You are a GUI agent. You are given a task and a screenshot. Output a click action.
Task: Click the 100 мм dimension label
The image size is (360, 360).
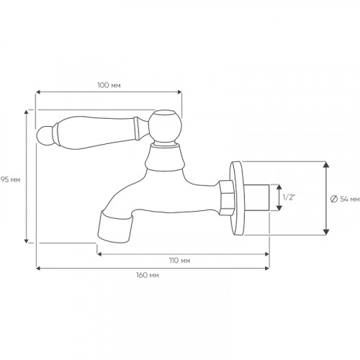click(109, 85)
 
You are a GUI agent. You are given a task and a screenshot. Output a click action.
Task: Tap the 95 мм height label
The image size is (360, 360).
click(10, 179)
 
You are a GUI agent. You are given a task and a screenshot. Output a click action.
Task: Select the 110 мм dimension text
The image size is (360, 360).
click(180, 261)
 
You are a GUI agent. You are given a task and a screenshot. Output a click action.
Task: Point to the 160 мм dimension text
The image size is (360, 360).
click(148, 275)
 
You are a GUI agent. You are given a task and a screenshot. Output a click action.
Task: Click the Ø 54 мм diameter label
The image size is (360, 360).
click(345, 199)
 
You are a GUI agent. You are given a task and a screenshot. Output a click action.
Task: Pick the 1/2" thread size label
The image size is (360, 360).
click(289, 197)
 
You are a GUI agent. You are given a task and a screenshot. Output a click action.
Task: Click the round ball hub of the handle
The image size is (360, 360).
click(166, 125)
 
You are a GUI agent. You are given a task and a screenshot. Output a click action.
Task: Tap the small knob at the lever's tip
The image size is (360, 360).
click(44, 136)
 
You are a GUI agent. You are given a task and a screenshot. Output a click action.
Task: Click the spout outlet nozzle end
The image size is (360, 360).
click(114, 227)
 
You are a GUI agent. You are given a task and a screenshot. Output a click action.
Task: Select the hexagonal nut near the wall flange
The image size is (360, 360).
click(226, 197)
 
